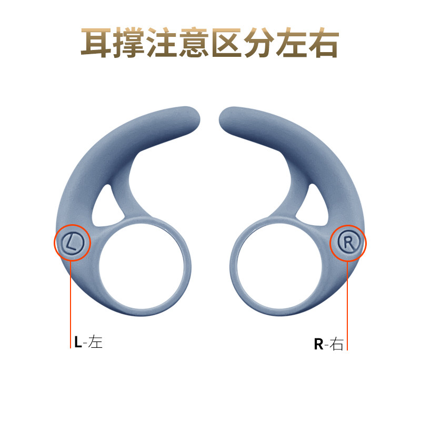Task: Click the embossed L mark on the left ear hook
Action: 73,243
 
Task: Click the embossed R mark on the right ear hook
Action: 348,243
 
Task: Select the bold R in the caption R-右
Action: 318,345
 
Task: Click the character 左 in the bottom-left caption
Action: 96,342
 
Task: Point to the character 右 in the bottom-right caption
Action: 337,345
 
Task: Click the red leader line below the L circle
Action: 71,305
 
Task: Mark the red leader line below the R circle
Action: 348,305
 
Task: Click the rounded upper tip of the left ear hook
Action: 191,115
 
